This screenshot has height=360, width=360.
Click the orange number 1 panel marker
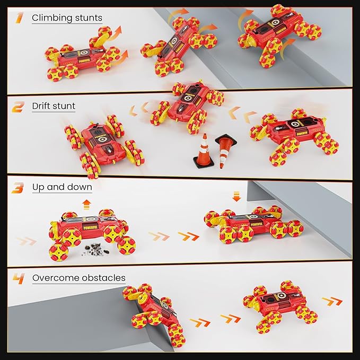point(19,18)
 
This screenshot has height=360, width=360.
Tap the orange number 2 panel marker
point(18,107)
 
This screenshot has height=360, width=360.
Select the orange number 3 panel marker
point(17,188)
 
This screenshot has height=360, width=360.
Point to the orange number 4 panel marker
point(19,278)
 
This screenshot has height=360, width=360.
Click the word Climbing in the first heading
point(52,18)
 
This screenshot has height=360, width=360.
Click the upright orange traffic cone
point(204,151)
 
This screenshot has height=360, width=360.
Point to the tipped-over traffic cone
point(225,150)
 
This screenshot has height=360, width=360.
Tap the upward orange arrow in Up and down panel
point(86,205)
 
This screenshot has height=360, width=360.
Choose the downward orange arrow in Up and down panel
point(236,197)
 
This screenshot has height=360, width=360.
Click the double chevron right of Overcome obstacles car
point(332,302)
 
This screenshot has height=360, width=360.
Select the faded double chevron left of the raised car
point(27,241)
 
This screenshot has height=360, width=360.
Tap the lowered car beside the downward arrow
point(254,224)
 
